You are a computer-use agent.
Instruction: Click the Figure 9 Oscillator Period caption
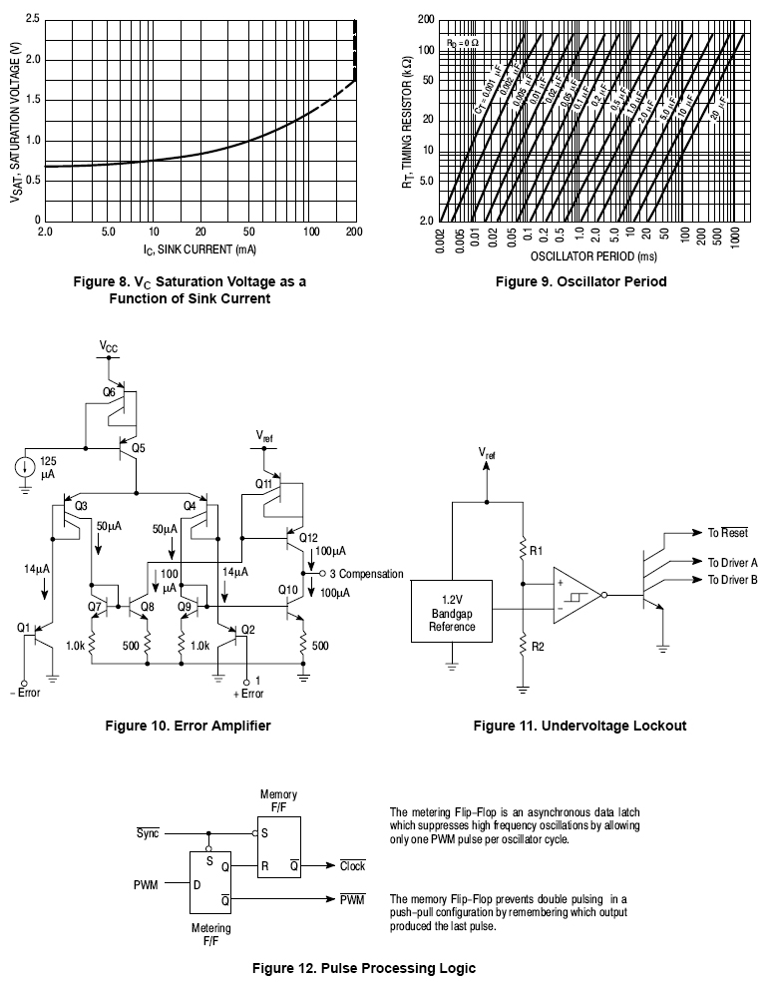tap(580, 281)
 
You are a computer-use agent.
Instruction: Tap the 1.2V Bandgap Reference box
tap(452, 612)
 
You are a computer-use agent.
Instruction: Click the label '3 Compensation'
tap(365, 574)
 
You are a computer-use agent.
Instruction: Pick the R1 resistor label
tap(536, 550)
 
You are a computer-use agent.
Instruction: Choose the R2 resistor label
tap(536, 647)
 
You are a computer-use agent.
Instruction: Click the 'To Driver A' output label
tap(732, 563)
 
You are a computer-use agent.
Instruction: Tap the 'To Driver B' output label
tap(732, 580)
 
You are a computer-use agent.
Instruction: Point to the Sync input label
tap(148, 831)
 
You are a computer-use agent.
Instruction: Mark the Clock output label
tap(352, 866)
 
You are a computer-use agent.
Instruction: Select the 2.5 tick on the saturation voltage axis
tap(33, 20)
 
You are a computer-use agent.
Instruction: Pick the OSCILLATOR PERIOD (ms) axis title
tap(591, 255)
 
